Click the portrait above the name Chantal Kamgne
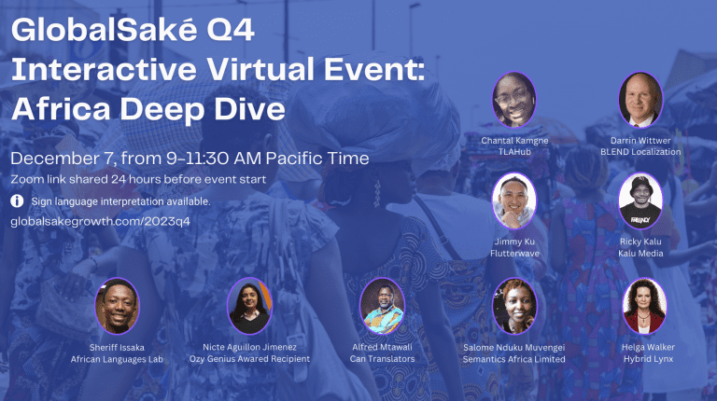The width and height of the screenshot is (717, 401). [514, 100]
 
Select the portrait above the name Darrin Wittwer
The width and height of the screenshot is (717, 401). [640, 100]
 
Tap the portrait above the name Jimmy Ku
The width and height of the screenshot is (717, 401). [514, 200]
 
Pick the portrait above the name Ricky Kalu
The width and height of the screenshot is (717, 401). [640, 200]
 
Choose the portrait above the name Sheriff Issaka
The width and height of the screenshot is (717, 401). [117, 306]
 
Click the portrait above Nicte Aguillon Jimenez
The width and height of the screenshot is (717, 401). [249, 306]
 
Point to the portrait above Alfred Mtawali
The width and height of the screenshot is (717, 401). [382, 306]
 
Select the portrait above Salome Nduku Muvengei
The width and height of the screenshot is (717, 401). [514, 306]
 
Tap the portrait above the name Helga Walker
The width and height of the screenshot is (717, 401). [644, 306]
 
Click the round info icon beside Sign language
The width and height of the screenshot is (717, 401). [17, 200]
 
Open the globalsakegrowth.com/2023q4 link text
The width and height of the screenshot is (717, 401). [100, 222]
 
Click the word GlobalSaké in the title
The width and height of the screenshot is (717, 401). [105, 30]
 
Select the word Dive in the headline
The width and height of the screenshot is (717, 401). [249, 109]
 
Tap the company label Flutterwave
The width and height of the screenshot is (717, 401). [515, 254]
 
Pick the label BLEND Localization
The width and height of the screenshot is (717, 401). [640, 152]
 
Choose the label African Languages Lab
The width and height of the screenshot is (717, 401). [117, 359]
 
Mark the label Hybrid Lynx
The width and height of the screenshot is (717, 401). [649, 359]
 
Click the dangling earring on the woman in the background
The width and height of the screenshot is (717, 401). [377, 193]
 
